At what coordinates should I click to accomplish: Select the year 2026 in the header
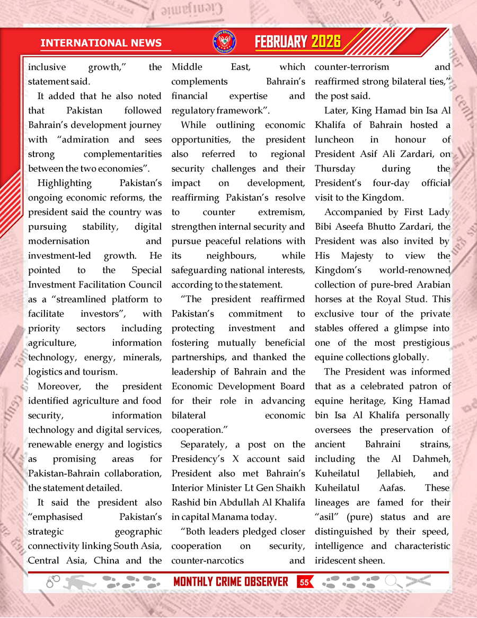coord(326,42)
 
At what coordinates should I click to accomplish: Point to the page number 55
coord(304,582)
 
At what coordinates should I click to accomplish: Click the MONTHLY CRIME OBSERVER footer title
coord(231,582)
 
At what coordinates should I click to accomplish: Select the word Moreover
coord(59,386)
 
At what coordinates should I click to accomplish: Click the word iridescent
coord(340,560)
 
